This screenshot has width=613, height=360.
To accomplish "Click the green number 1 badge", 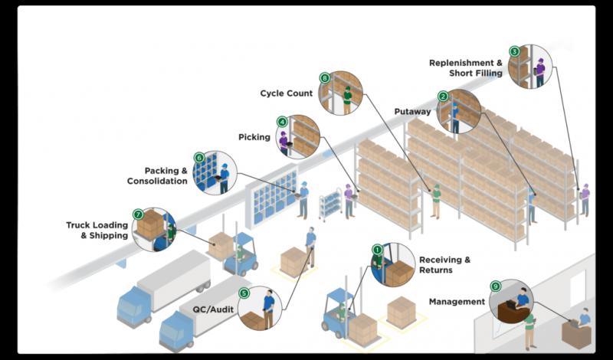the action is point(377,249).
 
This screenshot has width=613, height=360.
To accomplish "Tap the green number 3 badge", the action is point(514,51).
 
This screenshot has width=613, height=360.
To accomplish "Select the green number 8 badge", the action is point(324,78).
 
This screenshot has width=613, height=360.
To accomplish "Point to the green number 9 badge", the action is point(495,286).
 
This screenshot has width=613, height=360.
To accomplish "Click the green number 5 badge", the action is point(244,293).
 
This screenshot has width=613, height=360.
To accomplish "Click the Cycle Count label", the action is point(287,93).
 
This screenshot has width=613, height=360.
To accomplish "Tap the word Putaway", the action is point(412,112).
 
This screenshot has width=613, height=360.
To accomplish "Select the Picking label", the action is point(254,137).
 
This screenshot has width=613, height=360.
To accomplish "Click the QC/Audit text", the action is point(213,309).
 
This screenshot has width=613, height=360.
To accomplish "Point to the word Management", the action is point(457,302).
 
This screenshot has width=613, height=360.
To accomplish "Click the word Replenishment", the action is point(456,63).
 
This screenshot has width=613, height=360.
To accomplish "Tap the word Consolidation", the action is point(157,181).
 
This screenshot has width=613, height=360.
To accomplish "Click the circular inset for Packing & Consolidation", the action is point(215,173).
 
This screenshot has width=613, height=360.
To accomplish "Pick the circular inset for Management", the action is point(511,301).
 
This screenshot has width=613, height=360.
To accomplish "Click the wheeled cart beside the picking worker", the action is point(330,205).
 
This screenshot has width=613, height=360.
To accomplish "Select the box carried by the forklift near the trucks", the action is point(221,245).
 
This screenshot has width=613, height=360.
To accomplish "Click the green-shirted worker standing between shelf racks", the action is point(436,201).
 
